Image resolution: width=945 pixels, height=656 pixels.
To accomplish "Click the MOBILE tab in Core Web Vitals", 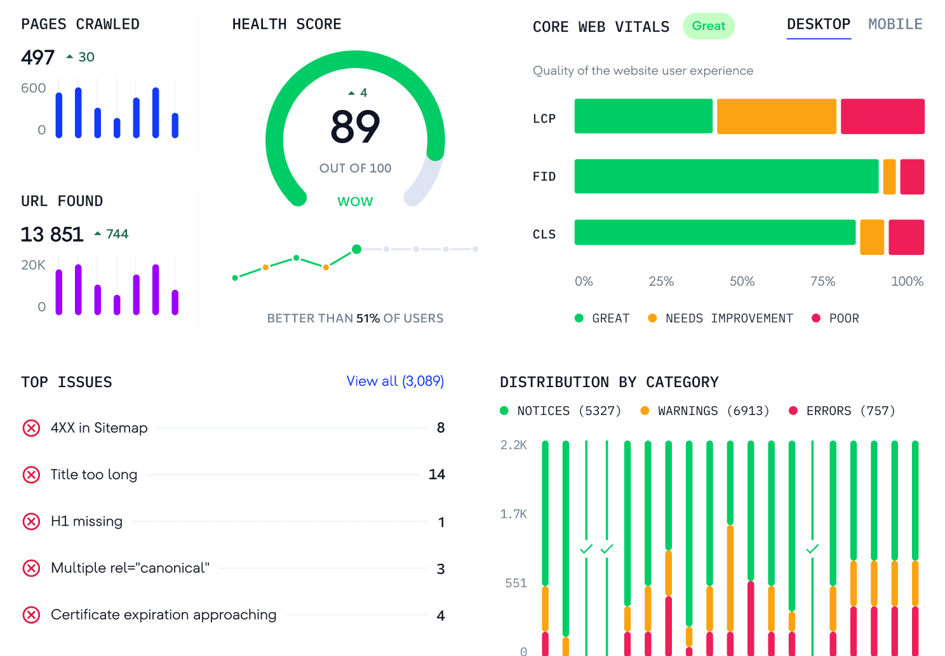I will (895, 24).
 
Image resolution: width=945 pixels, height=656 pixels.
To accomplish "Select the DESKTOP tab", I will (818, 24).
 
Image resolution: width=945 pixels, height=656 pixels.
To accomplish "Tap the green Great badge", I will (709, 26).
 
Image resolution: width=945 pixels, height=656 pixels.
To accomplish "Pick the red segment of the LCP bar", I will (882, 116).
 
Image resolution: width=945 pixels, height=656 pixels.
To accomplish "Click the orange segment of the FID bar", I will (889, 177).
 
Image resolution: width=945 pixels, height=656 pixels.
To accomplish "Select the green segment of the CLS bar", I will (714, 233).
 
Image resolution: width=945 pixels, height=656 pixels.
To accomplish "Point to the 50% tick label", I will (742, 281).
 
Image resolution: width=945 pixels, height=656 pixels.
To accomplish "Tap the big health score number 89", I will (355, 126).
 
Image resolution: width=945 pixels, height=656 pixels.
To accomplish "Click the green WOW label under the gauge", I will (355, 202).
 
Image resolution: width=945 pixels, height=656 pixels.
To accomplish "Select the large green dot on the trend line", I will (357, 249).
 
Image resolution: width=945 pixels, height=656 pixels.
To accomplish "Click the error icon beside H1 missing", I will (31, 521).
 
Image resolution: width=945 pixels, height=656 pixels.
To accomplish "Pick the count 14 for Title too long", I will (437, 474).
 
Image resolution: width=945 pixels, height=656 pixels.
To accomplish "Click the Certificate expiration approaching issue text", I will (163, 615).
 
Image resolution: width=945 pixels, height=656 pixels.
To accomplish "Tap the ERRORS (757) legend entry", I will (842, 411).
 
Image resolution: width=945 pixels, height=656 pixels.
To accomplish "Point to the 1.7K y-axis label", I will (513, 514).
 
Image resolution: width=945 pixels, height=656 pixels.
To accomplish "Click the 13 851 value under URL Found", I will (52, 235).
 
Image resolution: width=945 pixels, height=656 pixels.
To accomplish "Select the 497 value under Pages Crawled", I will (38, 58).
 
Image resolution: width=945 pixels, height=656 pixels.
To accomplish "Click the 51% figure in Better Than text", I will (368, 318).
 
